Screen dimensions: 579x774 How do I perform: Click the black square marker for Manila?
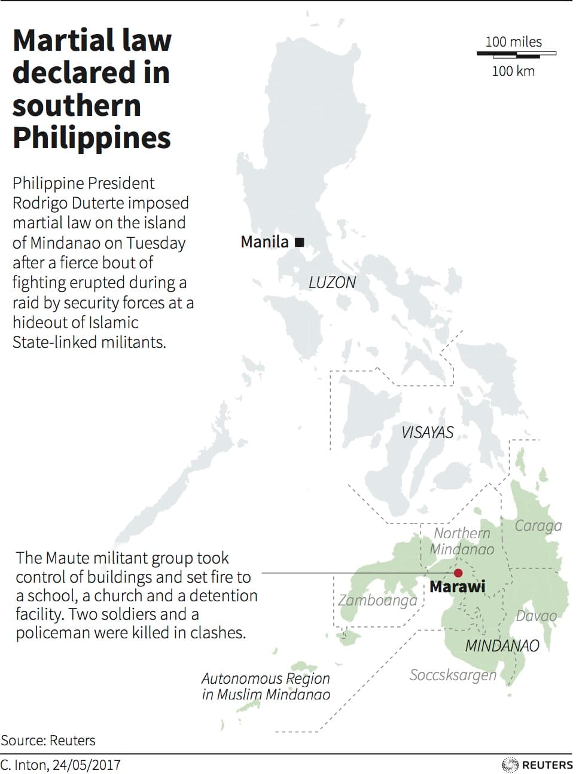[300, 242]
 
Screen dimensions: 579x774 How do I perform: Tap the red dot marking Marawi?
[458, 573]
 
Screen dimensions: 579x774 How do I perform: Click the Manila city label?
[264, 242]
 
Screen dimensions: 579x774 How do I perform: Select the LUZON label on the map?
[332, 283]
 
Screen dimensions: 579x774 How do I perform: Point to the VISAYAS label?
[427, 432]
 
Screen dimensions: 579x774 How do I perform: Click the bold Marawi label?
[458, 587]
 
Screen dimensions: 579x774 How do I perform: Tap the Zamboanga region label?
[377, 600]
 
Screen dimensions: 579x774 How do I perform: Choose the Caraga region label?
[538, 525]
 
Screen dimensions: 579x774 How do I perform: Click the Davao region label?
[536, 616]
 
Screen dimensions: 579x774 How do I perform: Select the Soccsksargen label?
[453, 675]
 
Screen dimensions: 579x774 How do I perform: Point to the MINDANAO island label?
[502, 645]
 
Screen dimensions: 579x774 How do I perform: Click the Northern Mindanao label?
[462, 541]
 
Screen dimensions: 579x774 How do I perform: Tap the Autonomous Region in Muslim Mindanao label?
[266, 686]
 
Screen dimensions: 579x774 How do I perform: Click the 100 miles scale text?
[513, 42]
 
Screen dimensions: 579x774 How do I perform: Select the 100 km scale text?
[513, 71]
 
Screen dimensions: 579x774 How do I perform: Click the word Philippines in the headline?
[92, 137]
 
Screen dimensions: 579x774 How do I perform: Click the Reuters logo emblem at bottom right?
[510, 764]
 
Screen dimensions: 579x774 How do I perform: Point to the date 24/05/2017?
[86, 764]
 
